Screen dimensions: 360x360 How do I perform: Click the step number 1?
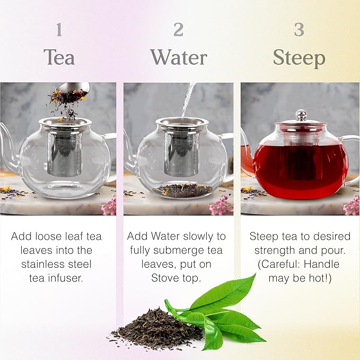[x=59, y=30]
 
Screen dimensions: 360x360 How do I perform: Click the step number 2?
[x=179, y=30]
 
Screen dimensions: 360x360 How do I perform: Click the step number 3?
[x=299, y=30]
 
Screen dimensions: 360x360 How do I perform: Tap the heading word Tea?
[x=59, y=57]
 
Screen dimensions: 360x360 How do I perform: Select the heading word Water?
[x=179, y=57]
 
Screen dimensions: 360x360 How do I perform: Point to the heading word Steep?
[x=299, y=58]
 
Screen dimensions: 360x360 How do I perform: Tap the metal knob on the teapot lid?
[x=301, y=115]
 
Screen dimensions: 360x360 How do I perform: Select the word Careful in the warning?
[x=280, y=264]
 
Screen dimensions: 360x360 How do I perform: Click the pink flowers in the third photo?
[x=351, y=206]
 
